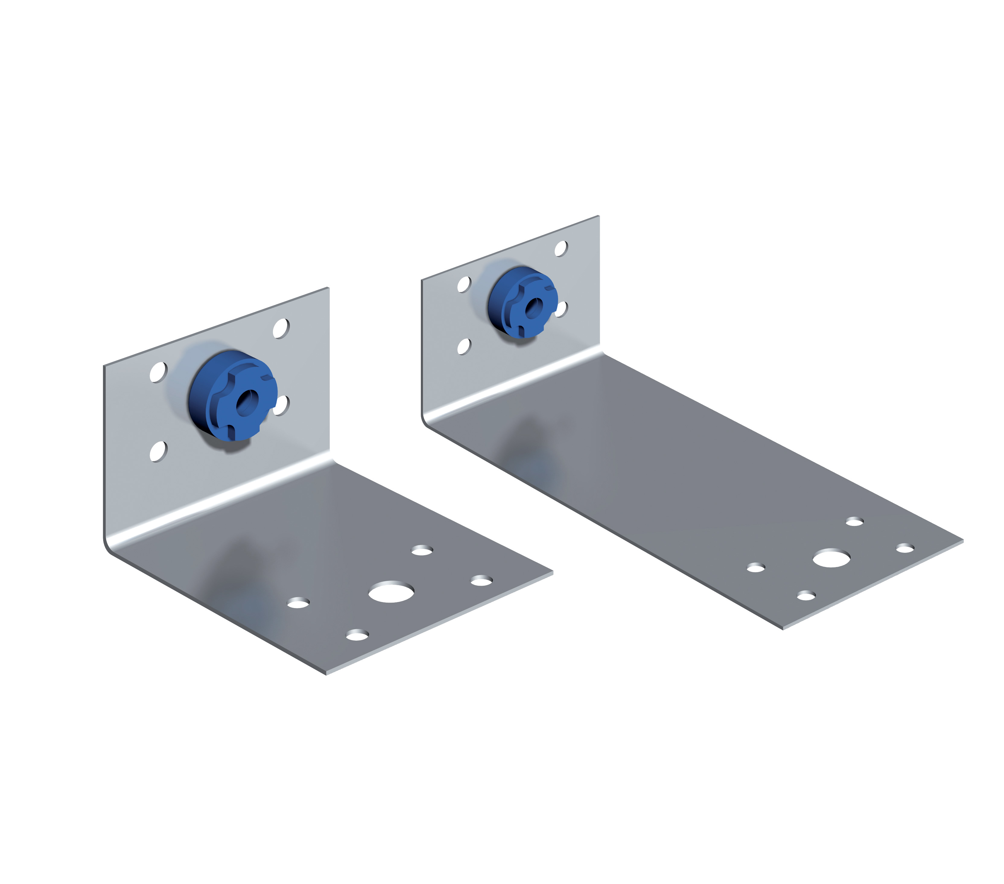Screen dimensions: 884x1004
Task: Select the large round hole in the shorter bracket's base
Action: coord(391,592)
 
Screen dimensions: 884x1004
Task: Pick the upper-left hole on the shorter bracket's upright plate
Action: coord(158,372)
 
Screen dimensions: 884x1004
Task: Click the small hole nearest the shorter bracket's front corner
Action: coord(357,635)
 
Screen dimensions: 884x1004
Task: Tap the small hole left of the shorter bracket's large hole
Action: coord(298,603)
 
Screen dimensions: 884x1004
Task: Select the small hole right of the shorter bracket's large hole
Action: coord(481,581)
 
